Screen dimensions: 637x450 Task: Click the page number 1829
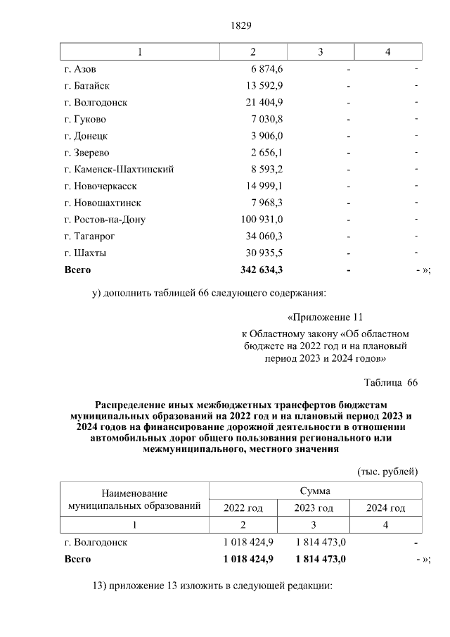point(240,26)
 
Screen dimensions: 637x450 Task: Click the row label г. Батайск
point(87,86)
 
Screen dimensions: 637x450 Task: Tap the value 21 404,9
point(262,103)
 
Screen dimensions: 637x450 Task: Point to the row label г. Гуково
point(85,119)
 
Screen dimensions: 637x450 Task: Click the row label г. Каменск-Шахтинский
point(119,170)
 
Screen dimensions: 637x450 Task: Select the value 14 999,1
point(262,187)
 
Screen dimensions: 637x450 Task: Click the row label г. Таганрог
point(89,236)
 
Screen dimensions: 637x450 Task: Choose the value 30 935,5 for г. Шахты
point(262,253)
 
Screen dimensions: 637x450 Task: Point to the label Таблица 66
point(390,382)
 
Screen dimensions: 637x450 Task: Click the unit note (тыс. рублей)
point(387,471)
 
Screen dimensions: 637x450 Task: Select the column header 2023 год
point(314,508)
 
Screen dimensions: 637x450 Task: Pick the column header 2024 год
point(386,508)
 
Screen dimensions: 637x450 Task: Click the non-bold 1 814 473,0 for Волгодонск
point(314,543)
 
